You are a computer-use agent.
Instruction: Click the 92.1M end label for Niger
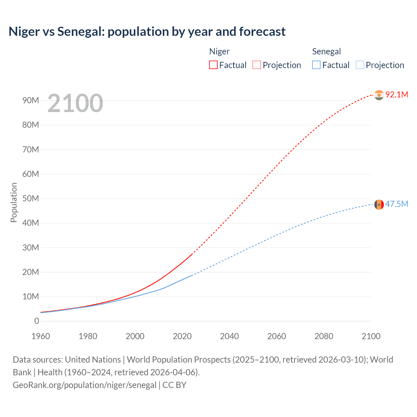396,94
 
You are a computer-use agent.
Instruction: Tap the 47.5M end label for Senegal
396,204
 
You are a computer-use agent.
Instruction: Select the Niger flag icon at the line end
379,95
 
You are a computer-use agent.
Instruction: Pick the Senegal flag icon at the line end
379,205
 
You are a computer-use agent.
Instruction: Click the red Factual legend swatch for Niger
213,65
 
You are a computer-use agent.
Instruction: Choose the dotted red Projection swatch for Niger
257,65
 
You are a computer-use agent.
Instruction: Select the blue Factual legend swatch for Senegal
316,65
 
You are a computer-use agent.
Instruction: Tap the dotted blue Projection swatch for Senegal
360,65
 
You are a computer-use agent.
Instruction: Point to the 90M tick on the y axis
31,100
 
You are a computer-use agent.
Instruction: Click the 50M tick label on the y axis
31,198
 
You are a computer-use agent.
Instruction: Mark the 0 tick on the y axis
36,321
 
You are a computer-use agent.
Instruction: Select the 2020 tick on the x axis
182,336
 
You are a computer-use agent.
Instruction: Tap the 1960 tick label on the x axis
41,336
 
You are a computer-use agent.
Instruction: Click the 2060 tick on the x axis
277,336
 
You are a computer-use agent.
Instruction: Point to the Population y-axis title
14,202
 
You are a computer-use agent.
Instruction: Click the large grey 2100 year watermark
75,103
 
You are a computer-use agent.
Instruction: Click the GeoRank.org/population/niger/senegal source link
85,385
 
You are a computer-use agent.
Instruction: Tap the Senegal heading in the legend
326,51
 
